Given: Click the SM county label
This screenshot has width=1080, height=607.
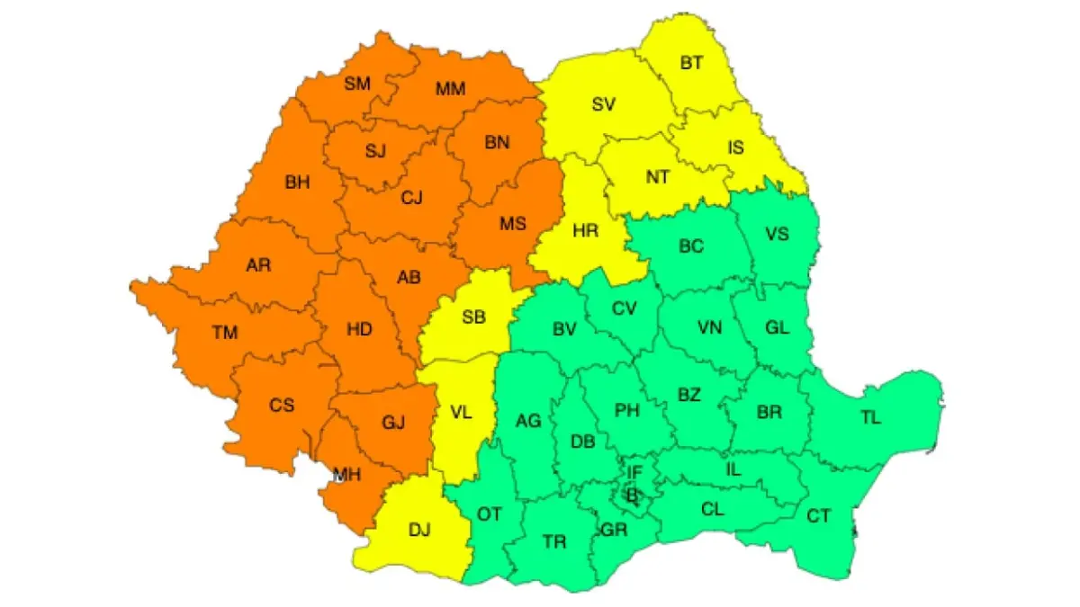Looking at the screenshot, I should coord(357,85).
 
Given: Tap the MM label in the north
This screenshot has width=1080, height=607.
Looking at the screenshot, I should coord(450,89).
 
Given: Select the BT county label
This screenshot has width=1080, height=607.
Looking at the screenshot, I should coord(692,63).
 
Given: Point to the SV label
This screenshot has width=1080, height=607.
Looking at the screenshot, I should coord(603,103).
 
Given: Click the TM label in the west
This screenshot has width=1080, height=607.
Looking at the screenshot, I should coord(225,333).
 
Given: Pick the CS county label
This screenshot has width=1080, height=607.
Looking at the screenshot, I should coord(282,405).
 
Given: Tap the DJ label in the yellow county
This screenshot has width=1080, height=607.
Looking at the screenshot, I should coord(419,530).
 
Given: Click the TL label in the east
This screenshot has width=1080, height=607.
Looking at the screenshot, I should coord(871,417).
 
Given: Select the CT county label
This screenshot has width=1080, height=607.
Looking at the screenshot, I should coord(819,515).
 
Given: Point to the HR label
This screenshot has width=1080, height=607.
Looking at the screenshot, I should coord(586,230).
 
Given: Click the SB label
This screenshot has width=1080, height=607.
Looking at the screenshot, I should coord(473,317).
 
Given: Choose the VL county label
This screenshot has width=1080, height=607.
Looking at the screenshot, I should coord(460,414).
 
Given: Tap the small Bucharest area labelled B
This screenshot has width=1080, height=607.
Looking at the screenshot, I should coord(632,494).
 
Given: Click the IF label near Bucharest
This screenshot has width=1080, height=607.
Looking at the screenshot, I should coord(634,471).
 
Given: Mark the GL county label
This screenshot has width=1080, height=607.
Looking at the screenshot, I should coord(777,327).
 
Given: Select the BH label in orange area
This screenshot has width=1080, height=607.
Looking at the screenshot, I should coord(297,183).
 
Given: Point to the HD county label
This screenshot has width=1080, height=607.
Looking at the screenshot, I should coord(359,330).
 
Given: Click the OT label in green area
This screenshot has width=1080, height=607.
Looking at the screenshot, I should coord(489,514).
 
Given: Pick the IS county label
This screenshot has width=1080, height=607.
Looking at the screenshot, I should coord(736,147).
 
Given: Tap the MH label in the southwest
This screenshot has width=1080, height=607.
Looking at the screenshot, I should coord(346,476).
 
